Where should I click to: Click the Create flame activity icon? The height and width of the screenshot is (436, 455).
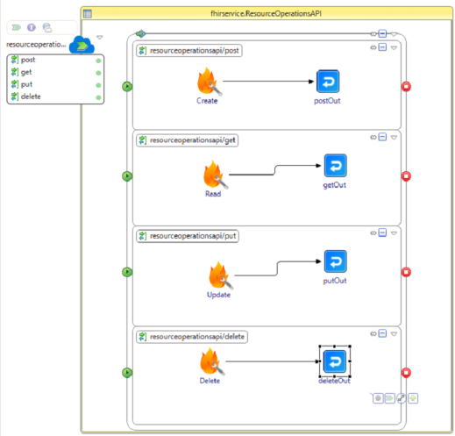209,82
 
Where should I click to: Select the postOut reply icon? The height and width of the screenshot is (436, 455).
328,82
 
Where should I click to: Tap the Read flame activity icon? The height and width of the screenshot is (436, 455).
215,175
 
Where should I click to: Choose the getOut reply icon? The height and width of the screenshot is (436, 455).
336,166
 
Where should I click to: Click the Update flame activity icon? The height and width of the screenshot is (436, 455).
221,275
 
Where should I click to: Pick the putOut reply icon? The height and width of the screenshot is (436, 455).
336,261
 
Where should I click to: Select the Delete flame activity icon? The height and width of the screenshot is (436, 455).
212,361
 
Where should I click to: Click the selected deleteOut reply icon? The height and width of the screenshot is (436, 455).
335,361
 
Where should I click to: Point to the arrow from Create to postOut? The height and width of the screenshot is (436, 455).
268,82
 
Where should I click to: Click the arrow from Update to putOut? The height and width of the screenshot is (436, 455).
277,268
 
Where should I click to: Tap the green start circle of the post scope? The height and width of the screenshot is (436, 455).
127,87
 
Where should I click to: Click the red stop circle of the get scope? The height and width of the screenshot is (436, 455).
406,176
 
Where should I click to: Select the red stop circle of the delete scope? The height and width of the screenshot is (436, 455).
406,373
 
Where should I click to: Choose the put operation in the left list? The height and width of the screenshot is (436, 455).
26,84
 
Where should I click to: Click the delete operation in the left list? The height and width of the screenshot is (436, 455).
31,96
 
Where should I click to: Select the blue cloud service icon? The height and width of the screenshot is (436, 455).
82,45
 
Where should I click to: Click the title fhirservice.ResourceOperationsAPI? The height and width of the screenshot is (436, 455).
266,13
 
